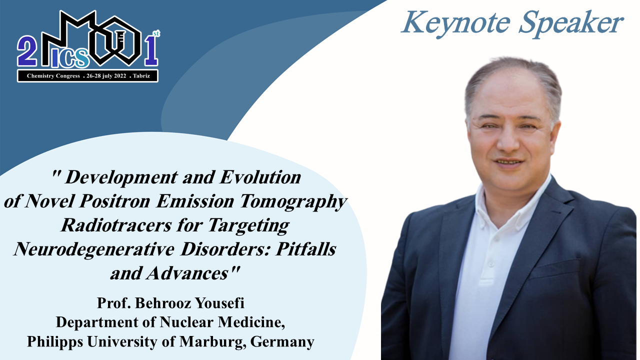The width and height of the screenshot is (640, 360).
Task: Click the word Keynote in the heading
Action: [455, 23]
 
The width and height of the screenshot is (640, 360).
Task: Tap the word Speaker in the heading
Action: [571, 23]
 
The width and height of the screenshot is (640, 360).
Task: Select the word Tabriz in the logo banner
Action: [141, 76]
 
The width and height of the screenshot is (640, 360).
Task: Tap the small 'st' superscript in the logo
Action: [156, 33]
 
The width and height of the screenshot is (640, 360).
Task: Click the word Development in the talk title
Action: [121, 178]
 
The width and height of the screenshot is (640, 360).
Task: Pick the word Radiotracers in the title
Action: [116, 225]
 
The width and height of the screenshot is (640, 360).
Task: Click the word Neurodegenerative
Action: [94, 249]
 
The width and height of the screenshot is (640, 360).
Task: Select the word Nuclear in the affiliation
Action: [187, 322]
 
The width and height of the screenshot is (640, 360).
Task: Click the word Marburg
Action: [213, 342]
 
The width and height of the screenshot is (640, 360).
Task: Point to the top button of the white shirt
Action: [491, 264]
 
